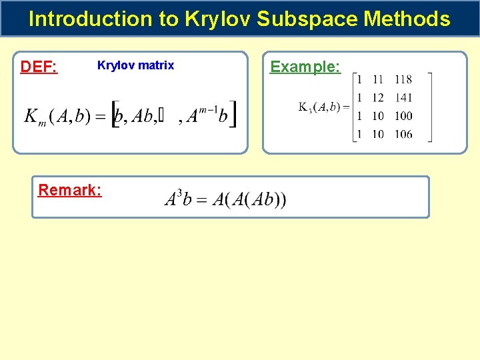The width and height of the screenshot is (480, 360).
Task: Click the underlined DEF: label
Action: pyautogui.click(x=39, y=67)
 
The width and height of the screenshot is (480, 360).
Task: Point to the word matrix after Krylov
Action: pyautogui.click(x=159, y=65)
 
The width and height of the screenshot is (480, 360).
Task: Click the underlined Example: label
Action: pyautogui.click(x=305, y=67)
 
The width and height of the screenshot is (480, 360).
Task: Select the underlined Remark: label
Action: pyautogui.click(x=70, y=190)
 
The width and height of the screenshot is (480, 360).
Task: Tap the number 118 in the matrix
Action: pyautogui.click(x=403, y=80)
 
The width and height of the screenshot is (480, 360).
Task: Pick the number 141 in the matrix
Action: pyautogui.click(x=403, y=98)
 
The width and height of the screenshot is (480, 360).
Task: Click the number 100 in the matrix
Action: pyautogui.click(x=403, y=116)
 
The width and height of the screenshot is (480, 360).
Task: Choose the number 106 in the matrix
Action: pyautogui.click(x=403, y=134)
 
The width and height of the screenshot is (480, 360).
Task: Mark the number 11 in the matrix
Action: pyautogui.click(x=378, y=80)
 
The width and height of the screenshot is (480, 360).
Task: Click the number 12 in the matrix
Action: pyautogui.click(x=378, y=98)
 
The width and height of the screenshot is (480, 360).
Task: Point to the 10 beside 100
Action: pyautogui.click(x=378, y=116)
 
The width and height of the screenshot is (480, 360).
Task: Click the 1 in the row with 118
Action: pyautogui.click(x=360, y=80)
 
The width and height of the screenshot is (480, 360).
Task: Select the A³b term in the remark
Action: pyautogui.click(x=179, y=199)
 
